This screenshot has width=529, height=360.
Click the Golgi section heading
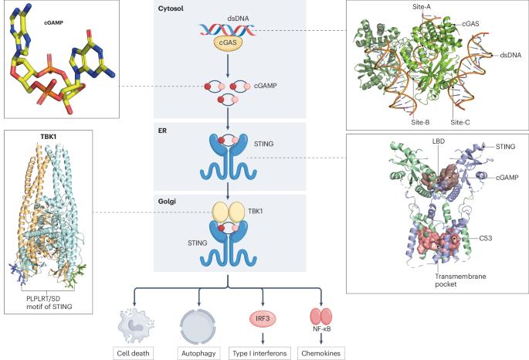(x=168, y=202)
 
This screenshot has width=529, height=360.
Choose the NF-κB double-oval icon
(x=319, y=316)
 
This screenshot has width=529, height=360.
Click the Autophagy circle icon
(x=200, y=319)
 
